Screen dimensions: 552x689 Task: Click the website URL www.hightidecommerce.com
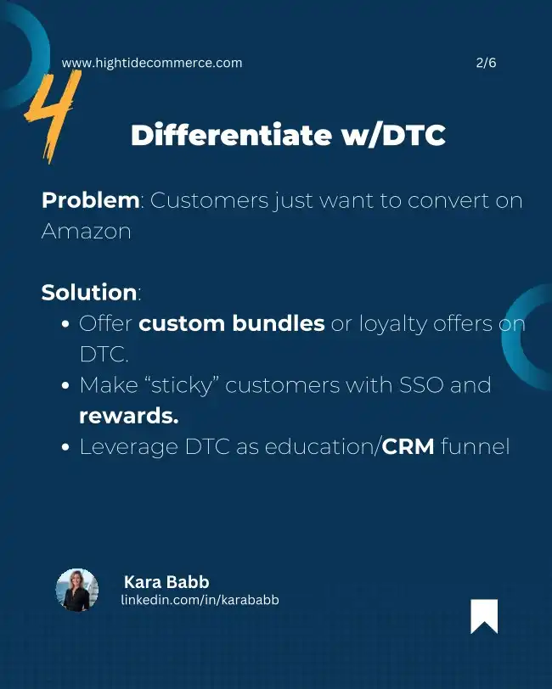(152, 63)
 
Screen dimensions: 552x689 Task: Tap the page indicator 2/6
(486, 63)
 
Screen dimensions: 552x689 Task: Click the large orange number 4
(52, 116)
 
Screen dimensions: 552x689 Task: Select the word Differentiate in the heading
(231, 134)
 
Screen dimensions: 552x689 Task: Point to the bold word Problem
(91, 201)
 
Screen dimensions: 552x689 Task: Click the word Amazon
(87, 231)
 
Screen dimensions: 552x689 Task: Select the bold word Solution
(89, 293)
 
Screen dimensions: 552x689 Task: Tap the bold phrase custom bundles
(232, 323)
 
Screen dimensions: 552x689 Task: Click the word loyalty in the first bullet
(393, 324)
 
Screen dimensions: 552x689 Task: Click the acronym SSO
(421, 385)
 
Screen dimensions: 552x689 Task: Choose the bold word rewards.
(129, 416)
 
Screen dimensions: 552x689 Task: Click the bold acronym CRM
(408, 446)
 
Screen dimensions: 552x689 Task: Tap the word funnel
(475, 446)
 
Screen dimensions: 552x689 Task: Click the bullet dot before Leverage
(66, 447)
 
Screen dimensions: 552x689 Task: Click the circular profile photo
(77, 590)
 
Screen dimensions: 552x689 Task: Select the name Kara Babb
(166, 582)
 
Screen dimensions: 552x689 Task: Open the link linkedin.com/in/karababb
(200, 600)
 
